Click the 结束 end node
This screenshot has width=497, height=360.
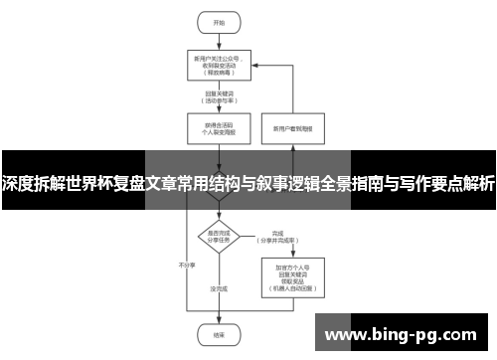(x=219, y=335)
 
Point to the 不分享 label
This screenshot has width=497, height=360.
(x=184, y=267)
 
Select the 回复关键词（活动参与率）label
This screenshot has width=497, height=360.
(x=219, y=97)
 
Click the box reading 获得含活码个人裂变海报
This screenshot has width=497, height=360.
(x=219, y=128)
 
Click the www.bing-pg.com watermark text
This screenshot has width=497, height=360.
(x=402, y=333)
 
